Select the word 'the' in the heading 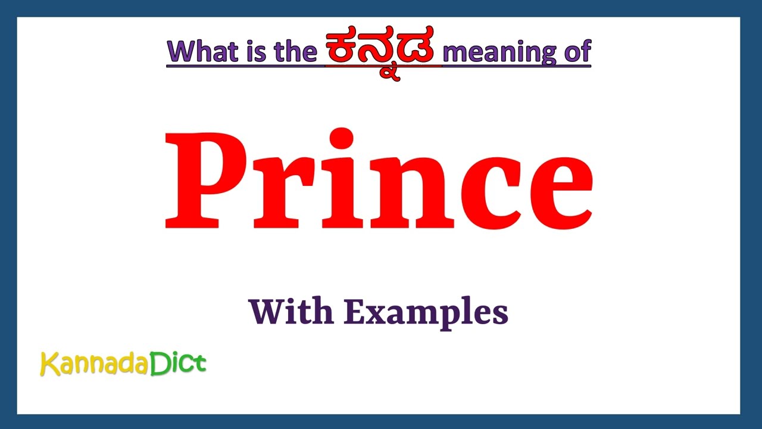(x=295, y=52)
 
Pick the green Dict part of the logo (x=178, y=363)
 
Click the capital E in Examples (x=355, y=311)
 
